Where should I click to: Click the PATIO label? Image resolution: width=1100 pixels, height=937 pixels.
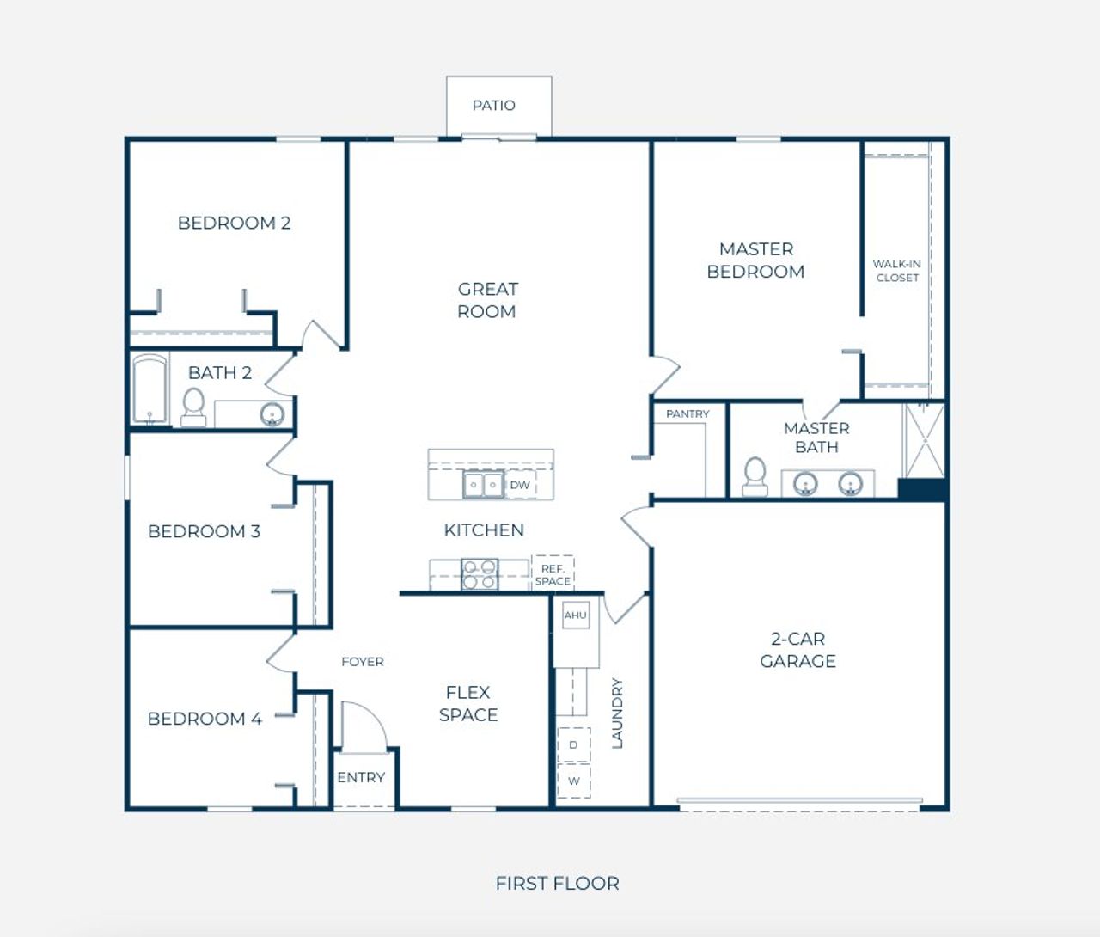pyautogui.click(x=494, y=106)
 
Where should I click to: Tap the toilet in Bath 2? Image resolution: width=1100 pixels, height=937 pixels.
pyautogui.click(x=193, y=407)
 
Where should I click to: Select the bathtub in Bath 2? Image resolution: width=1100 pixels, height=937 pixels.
pyautogui.click(x=150, y=389)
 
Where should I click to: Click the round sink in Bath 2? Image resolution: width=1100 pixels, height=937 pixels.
pyautogui.click(x=272, y=414)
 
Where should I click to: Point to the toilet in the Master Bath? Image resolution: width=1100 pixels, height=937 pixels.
pyautogui.click(x=755, y=476)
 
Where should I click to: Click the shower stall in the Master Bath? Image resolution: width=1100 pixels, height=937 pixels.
pyautogui.click(x=925, y=441)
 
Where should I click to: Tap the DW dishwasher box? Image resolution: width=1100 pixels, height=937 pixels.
pyautogui.click(x=520, y=485)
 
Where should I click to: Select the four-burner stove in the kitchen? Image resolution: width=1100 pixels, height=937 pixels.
pyautogui.click(x=480, y=574)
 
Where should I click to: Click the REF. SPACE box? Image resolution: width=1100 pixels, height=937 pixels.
pyautogui.click(x=553, y=574)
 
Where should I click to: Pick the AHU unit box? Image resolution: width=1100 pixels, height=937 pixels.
pyautogui.click(x=576, y=615)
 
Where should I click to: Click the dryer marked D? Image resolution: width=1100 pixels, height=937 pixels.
pyautogui.click(x=574, y=744)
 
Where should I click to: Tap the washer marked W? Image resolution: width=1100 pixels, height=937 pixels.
pyautogui.click(x=574, y=781)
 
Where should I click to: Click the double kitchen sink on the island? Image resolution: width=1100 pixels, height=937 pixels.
pyautogui.click(x=483, y=485)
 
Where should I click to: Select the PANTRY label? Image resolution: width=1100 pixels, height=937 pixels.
pyautogui.click(x=687, y=413)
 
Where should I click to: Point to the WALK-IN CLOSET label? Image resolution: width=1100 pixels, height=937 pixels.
pyautogui.click(x=897, y=271)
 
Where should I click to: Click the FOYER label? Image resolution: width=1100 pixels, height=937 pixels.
pyautogui.click(x=363, y=662)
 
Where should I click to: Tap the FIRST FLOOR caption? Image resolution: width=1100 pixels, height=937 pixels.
pyautogui.click(x=557, y=883)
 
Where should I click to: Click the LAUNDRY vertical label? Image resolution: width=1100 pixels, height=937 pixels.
pyautogui.click(x=617, y=713)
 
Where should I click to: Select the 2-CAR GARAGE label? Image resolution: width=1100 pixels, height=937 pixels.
pyautogui.click(x=797, y=650)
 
